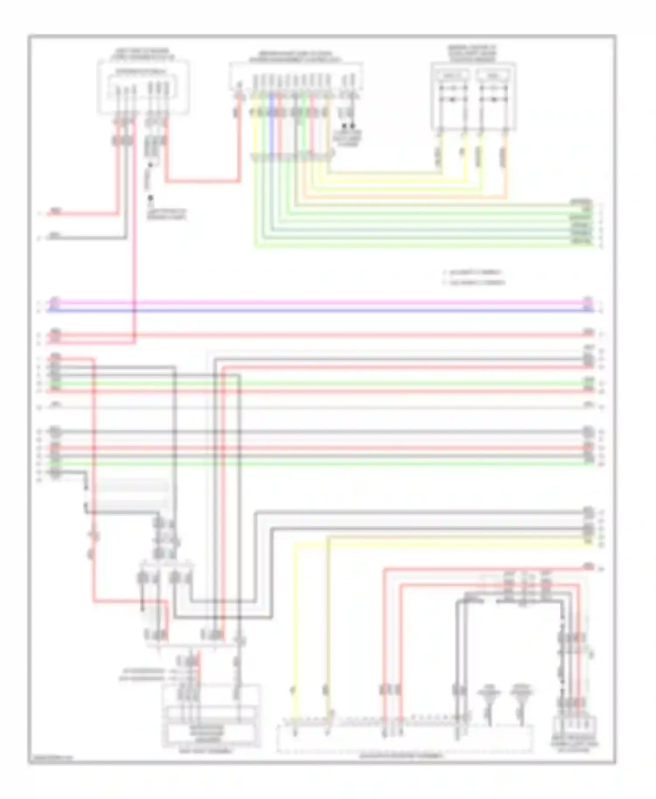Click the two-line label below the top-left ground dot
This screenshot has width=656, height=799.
[x=166, y=214]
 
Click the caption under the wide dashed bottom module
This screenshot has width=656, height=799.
[x=401, y=755]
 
